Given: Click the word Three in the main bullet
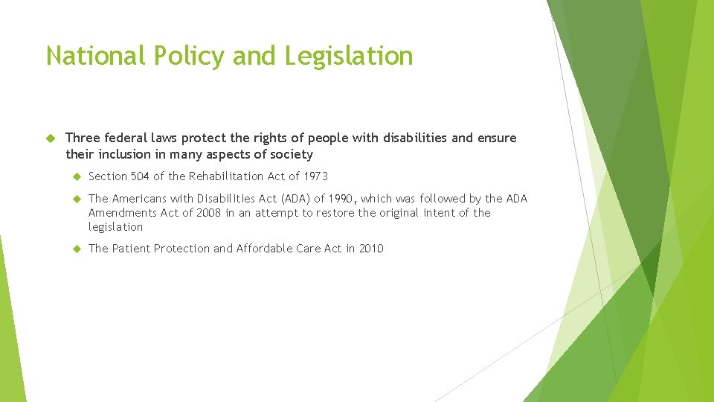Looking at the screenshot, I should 82,138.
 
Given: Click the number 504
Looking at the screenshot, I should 140,176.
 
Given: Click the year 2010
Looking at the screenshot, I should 371,249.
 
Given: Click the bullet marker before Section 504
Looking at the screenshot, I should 76,176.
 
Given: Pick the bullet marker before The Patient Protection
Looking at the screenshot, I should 76,249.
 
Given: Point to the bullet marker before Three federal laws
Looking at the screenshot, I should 52,138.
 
